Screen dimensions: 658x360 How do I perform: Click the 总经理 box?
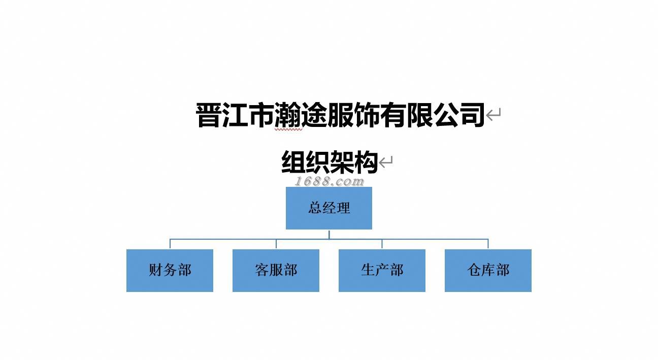coord(329,208)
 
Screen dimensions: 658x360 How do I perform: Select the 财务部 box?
coord(170,270)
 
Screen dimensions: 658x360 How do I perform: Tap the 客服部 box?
coord(276,270)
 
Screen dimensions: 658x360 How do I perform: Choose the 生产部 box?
coord(382,270)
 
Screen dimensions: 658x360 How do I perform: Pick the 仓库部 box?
coord(488,270)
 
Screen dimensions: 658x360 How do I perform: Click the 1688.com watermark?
coord(329,181)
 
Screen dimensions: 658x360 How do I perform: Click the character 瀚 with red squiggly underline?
coord(288,115)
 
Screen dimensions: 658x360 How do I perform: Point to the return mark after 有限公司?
coord(494,115)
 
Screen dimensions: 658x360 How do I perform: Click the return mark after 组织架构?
coord(386,162)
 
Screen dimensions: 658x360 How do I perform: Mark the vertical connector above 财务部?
coord(170,244)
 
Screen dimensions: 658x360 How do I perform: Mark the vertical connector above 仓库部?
coord(488,244)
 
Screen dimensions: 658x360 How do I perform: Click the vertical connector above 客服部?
coord(276,244)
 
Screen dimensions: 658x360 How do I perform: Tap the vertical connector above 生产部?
coord(382,244)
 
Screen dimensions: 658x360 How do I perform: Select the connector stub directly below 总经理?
coord(329,234)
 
